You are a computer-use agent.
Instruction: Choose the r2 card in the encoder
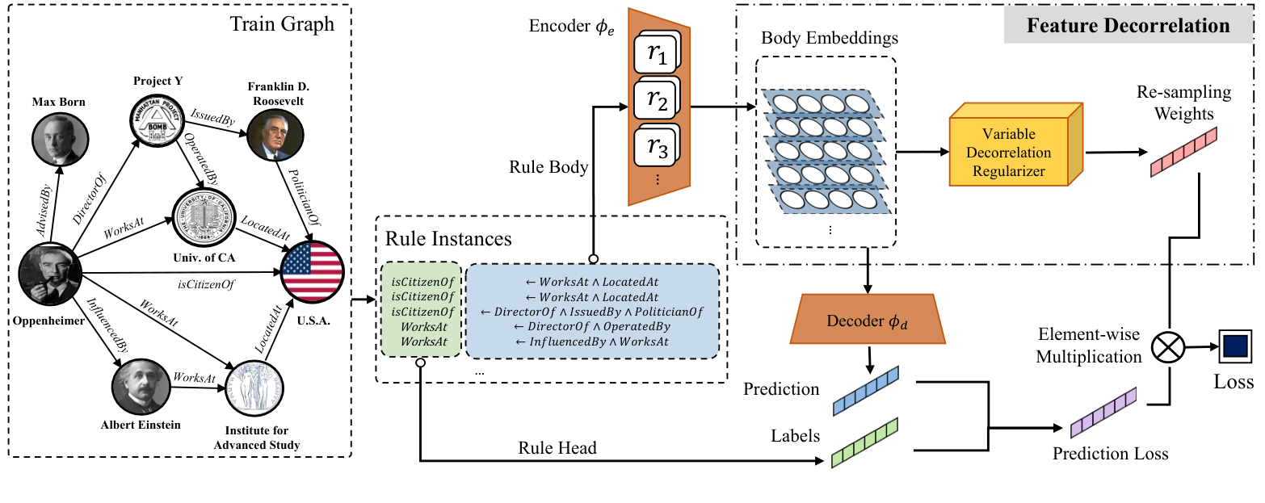[x=656, y=103]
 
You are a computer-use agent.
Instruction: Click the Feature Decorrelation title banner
[x=1128, y=26]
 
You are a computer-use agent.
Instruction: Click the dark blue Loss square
[x=1233, y=348]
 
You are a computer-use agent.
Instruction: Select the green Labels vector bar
[x=864, y=442]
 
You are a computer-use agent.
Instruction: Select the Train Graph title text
[x=283, y=23]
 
